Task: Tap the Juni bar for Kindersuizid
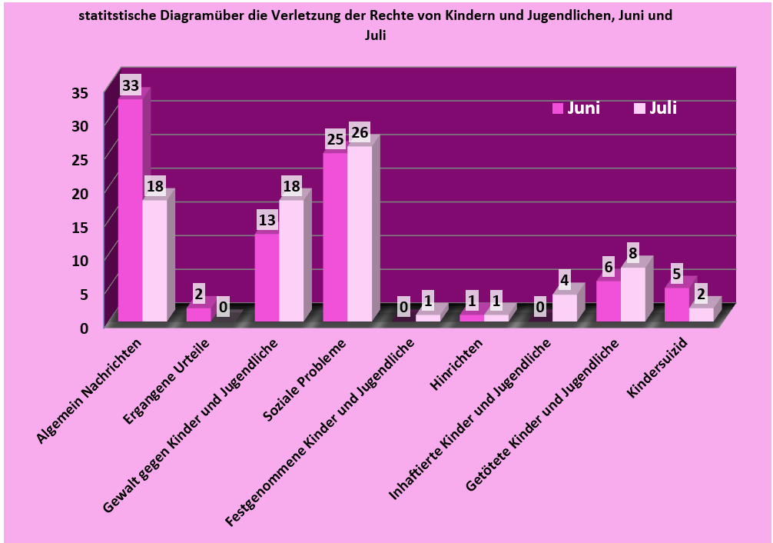tap(676, 305)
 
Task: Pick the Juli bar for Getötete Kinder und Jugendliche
tap(632, 294)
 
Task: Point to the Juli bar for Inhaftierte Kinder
tap(564, 307)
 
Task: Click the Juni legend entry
tap(576, 108)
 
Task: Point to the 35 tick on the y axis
tap(80, 93)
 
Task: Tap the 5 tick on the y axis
tap(84, 293)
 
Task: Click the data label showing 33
tap(131, 85)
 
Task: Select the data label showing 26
tap(359, 132)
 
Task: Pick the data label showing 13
tap(267, 220)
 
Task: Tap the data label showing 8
tap(632, 252)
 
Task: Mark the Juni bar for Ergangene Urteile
tap(198, 314)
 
